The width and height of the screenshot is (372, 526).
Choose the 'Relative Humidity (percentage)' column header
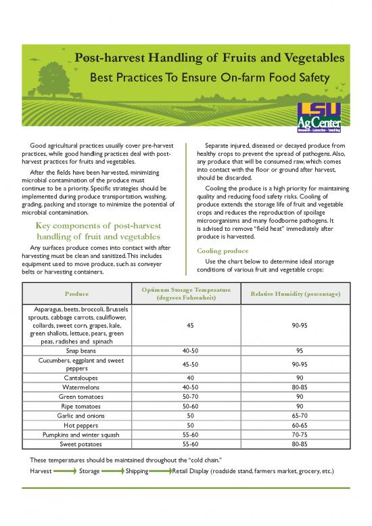tap(295, 294)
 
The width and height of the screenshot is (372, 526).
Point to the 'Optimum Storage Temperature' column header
tap(183, 294)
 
